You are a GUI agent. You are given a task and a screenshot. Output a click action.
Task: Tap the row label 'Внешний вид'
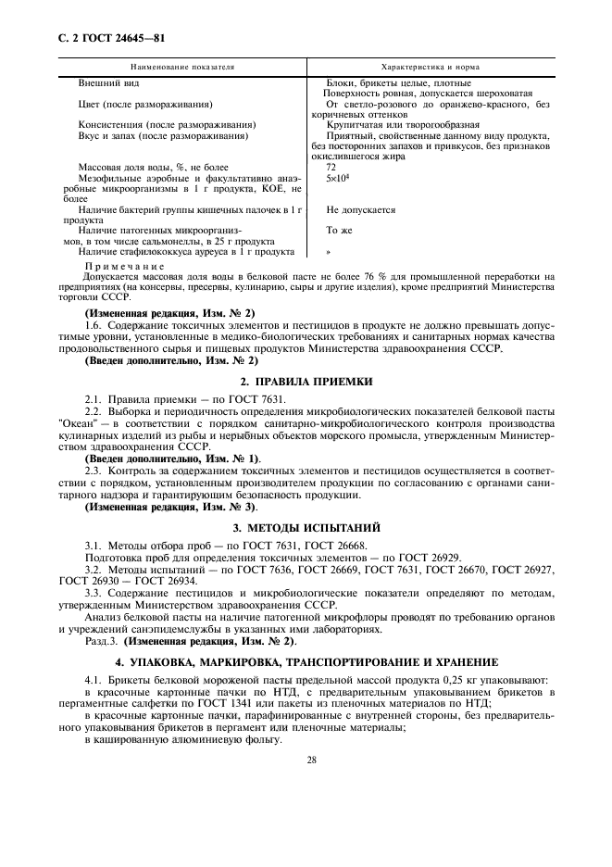click(x=108, y=83)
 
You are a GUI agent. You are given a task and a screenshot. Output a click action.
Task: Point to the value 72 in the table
click(x=332, y=167)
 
